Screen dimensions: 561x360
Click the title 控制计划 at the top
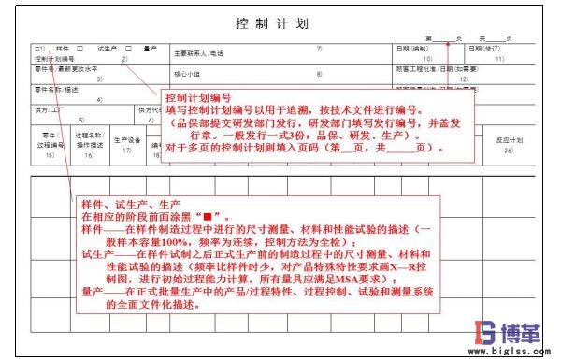[x=271, y=22]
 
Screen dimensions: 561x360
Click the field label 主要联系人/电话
[x=200, y=53]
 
